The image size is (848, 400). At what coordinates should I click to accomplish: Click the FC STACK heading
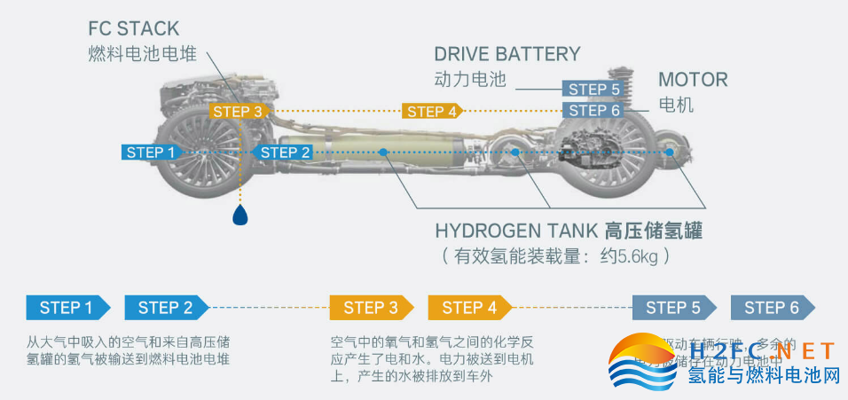tap(133, 27)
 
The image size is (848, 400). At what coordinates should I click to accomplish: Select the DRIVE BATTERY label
tap(507, 53)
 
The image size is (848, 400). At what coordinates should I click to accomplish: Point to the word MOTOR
tap(693, 79)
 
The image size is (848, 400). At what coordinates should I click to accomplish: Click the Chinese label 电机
tap(676, 106)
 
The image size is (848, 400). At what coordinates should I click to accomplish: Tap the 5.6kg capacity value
tap(633, 257)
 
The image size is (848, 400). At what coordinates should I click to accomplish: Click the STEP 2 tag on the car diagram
tap(282, 153)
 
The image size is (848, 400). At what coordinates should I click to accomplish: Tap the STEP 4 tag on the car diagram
tap(432, 111)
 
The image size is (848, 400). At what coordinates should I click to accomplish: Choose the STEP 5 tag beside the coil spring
tap(592, 89)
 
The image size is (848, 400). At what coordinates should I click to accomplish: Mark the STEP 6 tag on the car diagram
tap(593, 110)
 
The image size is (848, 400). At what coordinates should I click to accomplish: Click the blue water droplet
tap(239, 215)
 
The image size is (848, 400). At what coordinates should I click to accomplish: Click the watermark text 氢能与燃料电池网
tap(764, 376)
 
